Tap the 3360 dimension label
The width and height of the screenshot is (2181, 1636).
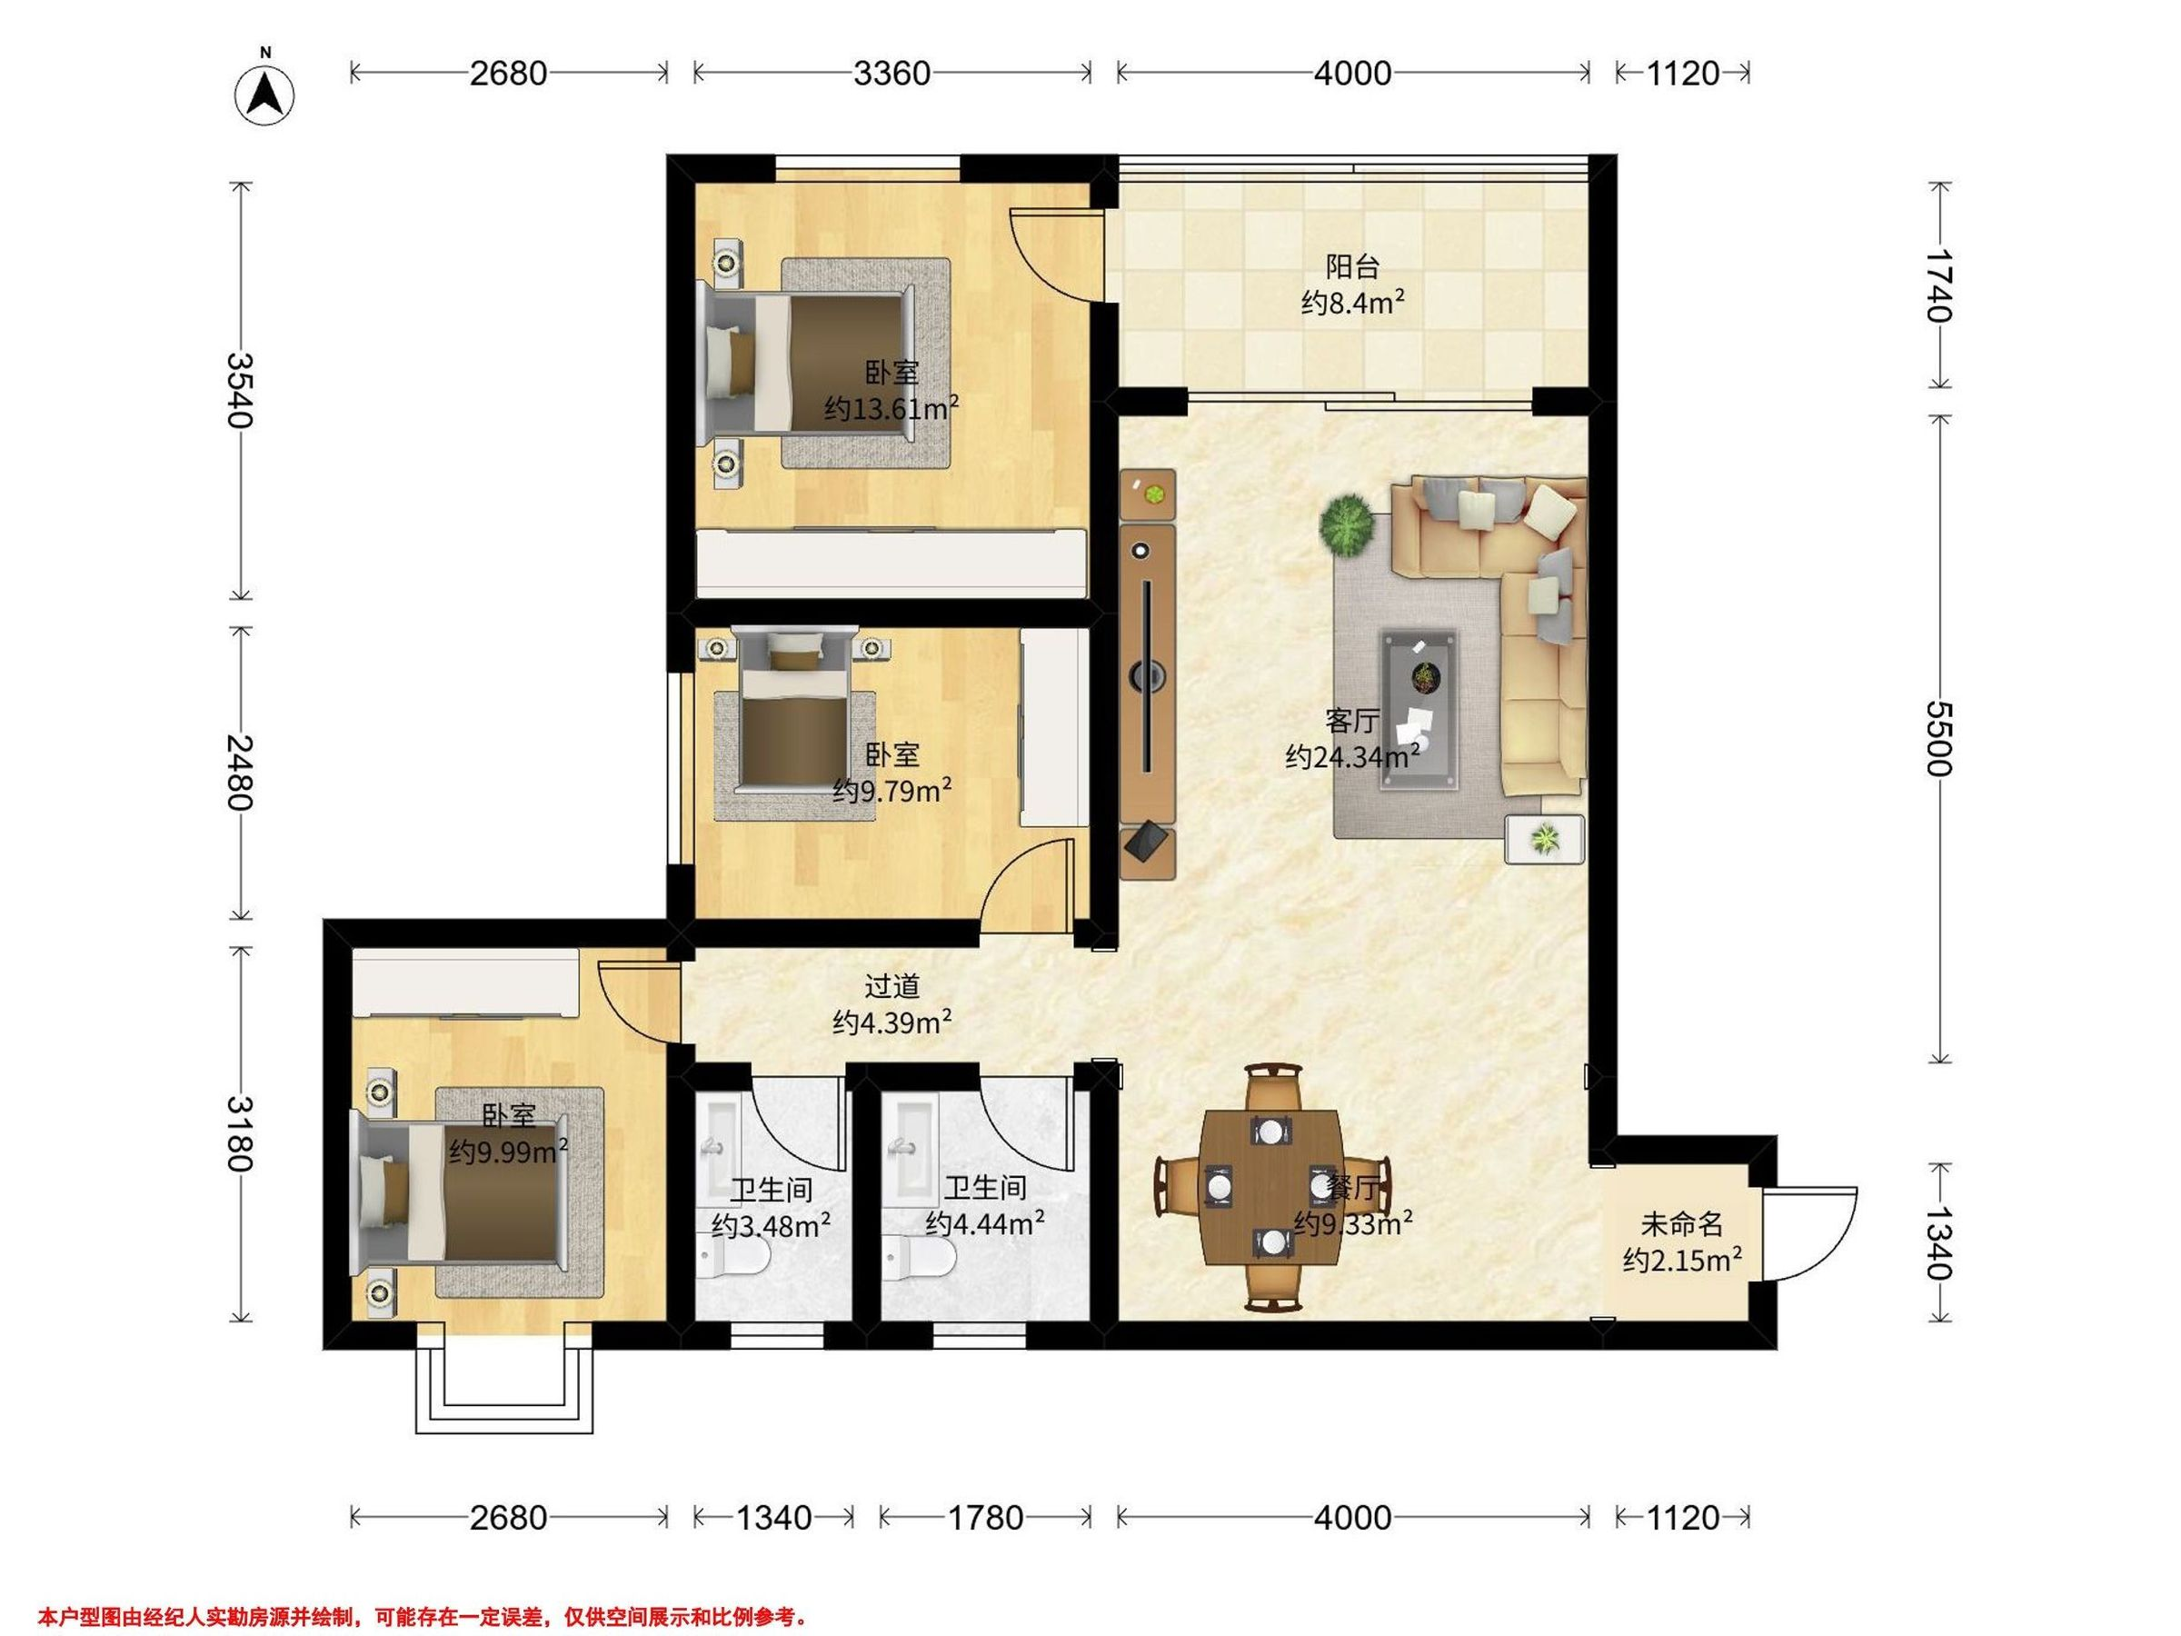(x=891, y=73)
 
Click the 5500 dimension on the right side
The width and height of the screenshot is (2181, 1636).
(x=1938, y=739)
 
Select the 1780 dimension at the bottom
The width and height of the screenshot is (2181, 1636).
(x=985, y=1517)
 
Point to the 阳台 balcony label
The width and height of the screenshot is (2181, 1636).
(x=1352, y=266)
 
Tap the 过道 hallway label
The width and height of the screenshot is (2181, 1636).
(x=891, y=986)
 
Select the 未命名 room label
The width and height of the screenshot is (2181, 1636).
(x=1682, y=1225)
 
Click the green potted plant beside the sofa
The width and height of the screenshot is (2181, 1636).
(x=1348, y=524)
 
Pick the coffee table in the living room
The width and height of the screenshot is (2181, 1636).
(x=1419, y=709)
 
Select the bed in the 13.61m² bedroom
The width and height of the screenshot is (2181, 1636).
(x=807, y=361)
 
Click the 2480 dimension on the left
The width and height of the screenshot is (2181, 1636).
(x=241, y=773)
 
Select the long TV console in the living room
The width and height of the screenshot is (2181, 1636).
(x=1148, y=673)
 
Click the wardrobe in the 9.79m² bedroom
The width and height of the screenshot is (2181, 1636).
(x=1054, y=728)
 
